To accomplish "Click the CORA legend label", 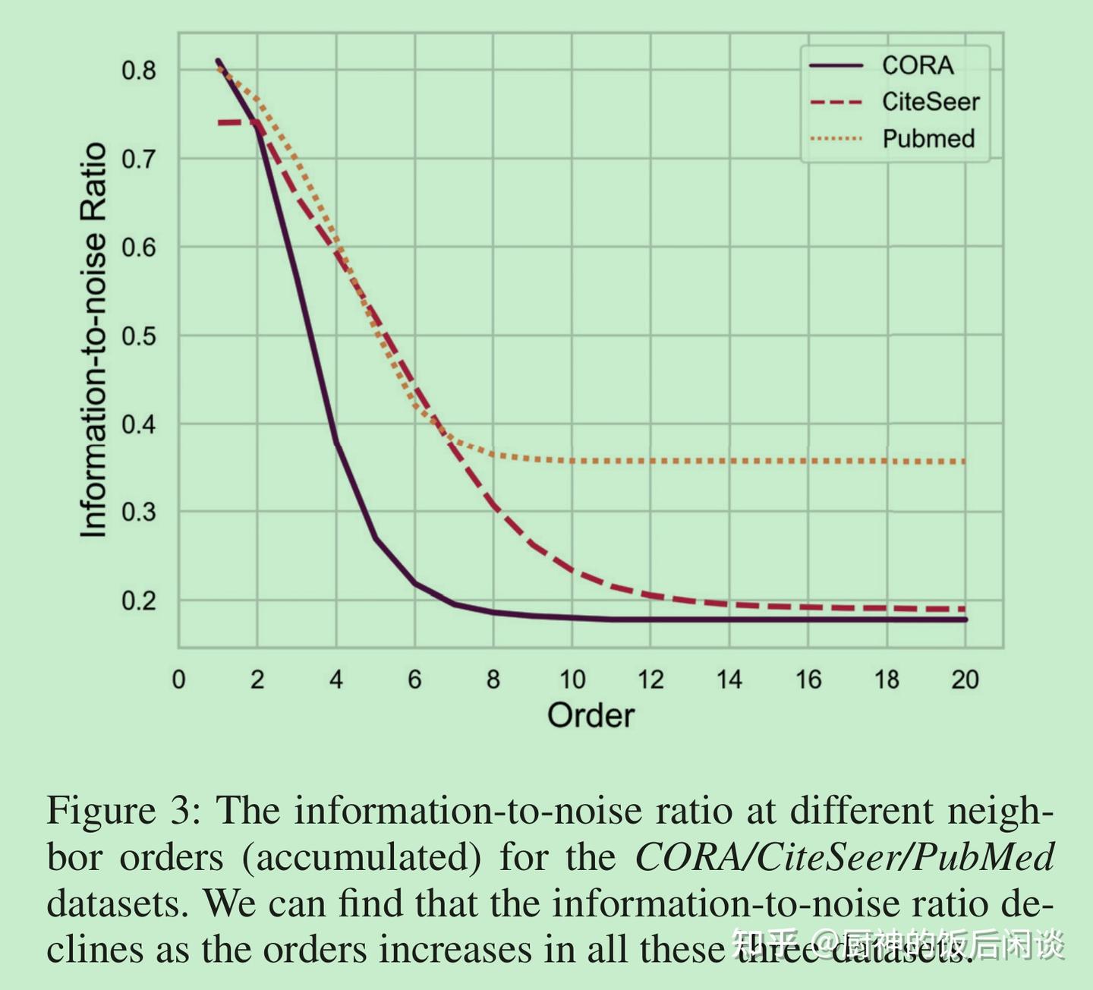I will [x=917, y=65].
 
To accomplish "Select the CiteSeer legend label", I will [x=930, y=102].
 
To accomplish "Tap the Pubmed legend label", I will [x=928, y=139].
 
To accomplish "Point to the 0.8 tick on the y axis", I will [x=138, y=71].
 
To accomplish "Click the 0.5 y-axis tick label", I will [x=138, y=336].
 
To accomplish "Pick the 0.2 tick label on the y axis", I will [x=138, y=601].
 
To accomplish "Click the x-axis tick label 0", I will [x=178, y=679].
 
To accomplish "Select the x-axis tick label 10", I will [x=572, y=679].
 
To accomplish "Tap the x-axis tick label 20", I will [x=965, y=679].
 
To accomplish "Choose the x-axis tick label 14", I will [x=729, y=679].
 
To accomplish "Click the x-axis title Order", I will [x=591, y=716].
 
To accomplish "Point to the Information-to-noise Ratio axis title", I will [x=93, y=340].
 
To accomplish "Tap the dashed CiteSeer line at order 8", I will [x=493, y=503].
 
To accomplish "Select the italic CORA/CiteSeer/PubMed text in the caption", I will [x=844, y=858].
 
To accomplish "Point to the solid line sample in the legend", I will [x=836, y=66].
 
